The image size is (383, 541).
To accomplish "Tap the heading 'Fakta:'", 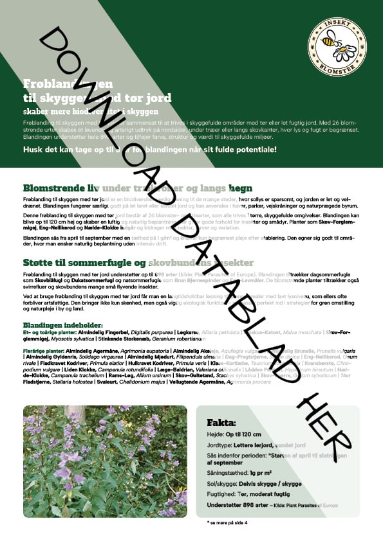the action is tap(221, 423).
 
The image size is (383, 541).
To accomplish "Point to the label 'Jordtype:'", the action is tap(220, 445).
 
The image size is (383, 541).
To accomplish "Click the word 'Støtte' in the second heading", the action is tap(39, 263).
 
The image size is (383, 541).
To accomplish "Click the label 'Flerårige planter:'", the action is tap(42, 351).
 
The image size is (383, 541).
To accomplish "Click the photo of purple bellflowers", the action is tap(104, 461).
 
